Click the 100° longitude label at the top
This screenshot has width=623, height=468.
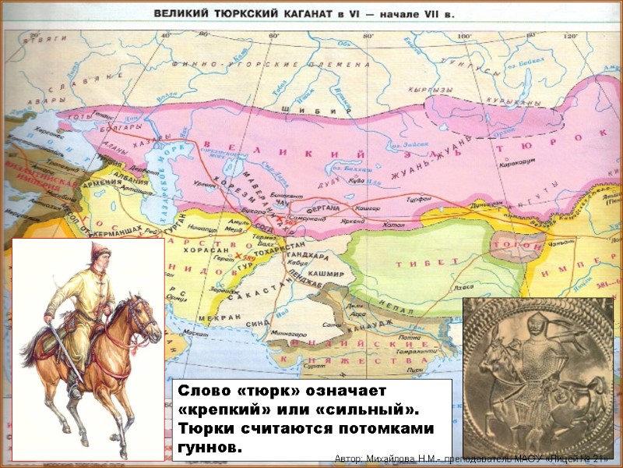click(464, 36)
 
